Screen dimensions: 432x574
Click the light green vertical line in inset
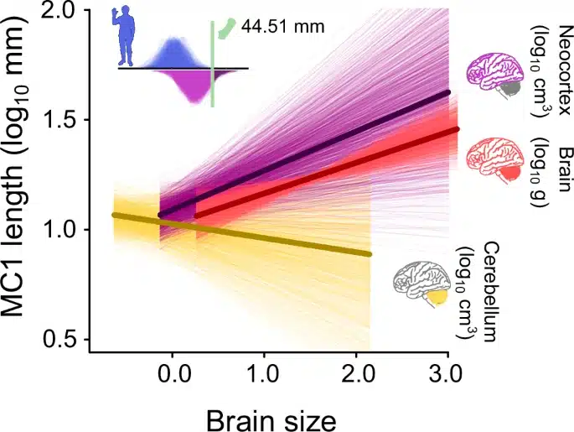click(x=213, y=63)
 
